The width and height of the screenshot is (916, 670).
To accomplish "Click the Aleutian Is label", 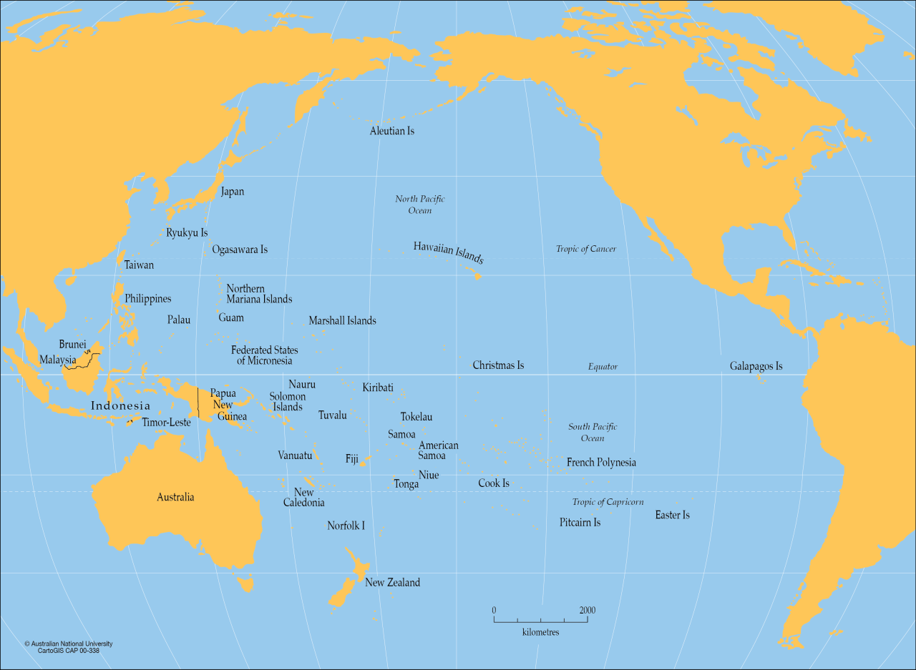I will tap(391, 131).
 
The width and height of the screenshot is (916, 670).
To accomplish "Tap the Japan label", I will tap(232, 192).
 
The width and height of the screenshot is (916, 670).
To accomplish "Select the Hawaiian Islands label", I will tap(448, 252).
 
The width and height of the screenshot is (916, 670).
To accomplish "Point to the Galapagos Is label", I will tap(756, 366).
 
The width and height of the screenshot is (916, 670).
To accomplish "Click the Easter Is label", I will tap(672, 515).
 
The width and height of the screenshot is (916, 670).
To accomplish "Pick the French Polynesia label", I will tap(601, 463).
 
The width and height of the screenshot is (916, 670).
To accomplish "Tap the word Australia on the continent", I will tap(175, 497).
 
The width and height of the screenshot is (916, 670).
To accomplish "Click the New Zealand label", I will tap(392, 583).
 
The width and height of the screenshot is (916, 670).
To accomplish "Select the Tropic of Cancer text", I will tap(585, 249).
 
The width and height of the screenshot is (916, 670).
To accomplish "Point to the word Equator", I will tap(603, 367).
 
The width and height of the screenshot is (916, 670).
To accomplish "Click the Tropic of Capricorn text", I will tap(608, 502).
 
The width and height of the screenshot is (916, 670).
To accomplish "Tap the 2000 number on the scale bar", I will tap(587, 610).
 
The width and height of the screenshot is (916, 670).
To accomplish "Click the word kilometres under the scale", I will tap(540, 632).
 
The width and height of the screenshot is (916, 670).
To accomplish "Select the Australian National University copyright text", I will tap(68, 644).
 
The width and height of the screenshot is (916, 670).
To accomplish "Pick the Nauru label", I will tap(302, 385).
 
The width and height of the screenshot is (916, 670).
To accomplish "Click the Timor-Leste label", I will tap(166, 423).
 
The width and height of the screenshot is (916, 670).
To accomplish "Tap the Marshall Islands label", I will tap(342, 321).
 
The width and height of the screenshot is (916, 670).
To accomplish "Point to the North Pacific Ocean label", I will tap(420, 205).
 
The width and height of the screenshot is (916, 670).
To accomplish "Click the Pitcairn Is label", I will tap(580, 523).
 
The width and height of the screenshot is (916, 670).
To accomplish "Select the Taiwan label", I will tap(139, 265).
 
